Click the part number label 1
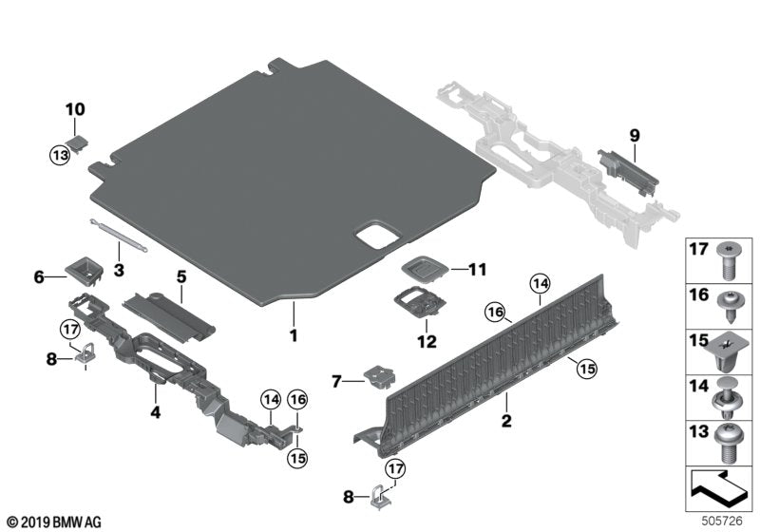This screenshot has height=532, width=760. coord(294,335)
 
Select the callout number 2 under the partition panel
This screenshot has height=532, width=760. coord(506,421)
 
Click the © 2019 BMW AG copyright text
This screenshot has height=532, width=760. coord(53,522)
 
